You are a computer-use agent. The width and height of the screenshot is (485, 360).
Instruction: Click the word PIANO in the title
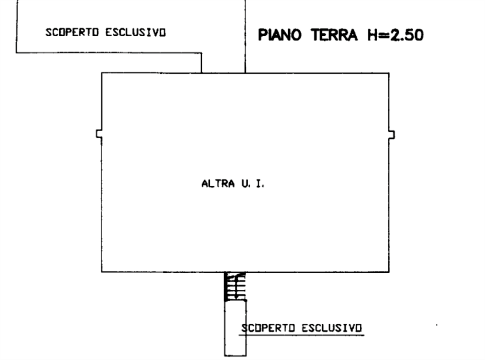coord(279,35)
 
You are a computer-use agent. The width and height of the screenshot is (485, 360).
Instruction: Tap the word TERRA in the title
coord(334,35)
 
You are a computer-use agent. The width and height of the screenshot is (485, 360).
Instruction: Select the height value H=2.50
coord(395,35)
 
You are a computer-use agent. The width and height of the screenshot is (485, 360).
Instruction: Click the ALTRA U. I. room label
coord(233,184)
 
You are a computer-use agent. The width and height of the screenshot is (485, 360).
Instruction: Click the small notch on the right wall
coord(392,135)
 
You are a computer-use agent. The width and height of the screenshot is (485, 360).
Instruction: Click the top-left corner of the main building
coord(102,72)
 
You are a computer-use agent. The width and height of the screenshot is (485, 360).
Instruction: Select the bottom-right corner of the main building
coord(389,272)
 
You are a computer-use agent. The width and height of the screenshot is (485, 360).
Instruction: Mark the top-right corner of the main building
coord(389,73)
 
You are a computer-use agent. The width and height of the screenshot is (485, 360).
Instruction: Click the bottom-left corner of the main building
coord(102,272)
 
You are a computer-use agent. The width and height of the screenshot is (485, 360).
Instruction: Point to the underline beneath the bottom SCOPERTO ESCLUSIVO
coord(303,334)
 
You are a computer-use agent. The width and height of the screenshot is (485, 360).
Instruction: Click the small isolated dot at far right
coord(436,325)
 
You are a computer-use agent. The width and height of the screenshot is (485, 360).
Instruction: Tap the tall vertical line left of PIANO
coord(245,36)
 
